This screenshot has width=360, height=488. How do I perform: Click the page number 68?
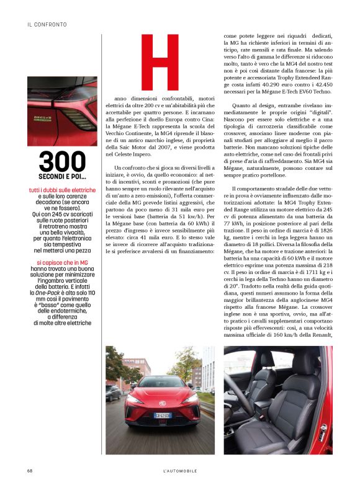point(30,471)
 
